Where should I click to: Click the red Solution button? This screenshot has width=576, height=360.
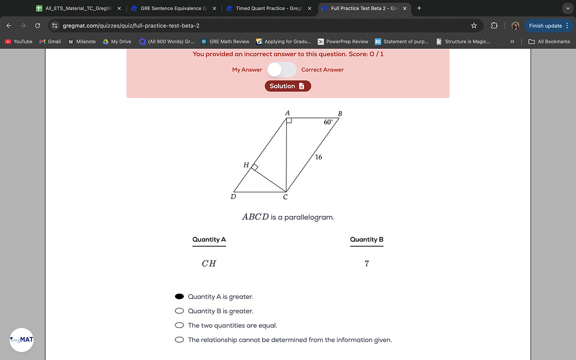[x=287, y=86]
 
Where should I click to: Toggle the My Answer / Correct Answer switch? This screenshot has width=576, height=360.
[x=281, y=70]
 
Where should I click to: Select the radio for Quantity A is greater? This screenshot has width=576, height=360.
[x=179, y=296]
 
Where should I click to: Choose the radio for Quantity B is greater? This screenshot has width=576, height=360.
[x=179, y=311]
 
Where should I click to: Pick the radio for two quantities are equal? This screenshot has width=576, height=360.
[x=179, y=325]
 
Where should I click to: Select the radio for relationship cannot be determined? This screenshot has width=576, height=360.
[x=179, y=340]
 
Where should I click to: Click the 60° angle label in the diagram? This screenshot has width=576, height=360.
[x=328, y=121]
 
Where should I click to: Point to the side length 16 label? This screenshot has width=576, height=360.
[x=318, y=157]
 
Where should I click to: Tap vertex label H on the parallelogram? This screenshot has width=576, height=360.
[x=246, y=165]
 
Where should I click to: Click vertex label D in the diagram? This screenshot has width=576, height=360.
[x=233, y=197]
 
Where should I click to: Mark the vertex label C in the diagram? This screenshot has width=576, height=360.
[x=285, y=197]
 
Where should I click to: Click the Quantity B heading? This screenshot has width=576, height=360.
[x=366, y=240]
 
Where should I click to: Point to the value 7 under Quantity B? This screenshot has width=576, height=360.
[x=367, y=263]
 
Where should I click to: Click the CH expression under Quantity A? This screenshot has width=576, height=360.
[x=209, y=263]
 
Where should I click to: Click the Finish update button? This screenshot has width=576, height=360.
[x=545, y=25]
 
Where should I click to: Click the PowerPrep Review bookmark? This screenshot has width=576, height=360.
[x=343, y=42]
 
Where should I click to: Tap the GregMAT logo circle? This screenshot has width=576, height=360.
[x=21, y=340]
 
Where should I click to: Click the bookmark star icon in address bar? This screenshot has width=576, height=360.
[x=474, y=25]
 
